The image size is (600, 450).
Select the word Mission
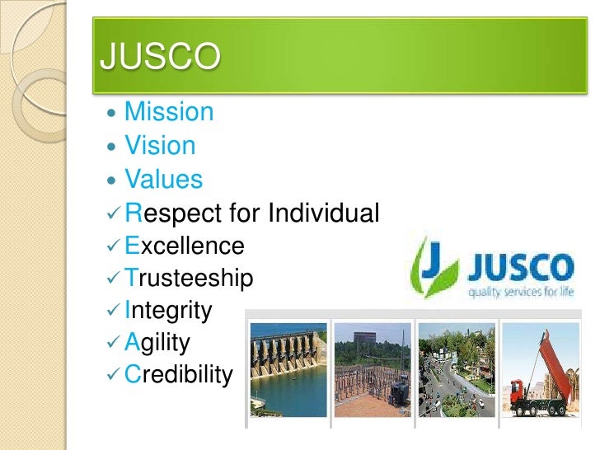(168, 112)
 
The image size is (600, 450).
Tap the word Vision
(160, 146)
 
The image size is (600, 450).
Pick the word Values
(163, 179)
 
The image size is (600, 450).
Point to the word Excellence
(185, 246)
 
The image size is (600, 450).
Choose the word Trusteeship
(189, 279)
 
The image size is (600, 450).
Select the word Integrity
(168, 311)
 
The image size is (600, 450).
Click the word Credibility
(178, 375)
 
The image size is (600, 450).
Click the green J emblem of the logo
(434, 266)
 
